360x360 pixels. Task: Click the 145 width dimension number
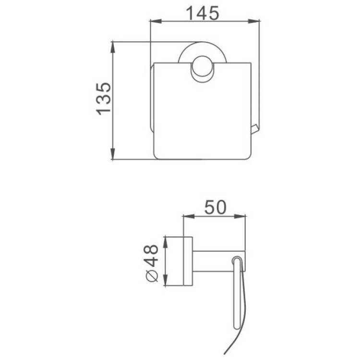click(x=203, y=13)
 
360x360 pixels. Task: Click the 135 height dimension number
click(x=104, y=99)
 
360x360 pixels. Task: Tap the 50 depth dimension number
click(x=215, y=207)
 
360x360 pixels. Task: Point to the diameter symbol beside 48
click(x=152, y=276)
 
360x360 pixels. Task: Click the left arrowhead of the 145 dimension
click(x=156, y=21)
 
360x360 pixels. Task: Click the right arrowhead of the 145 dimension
click(x=254, y=21)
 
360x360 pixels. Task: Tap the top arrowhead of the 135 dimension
click(x=112, y=48)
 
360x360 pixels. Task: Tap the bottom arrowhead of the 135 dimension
click(x=112, y=154)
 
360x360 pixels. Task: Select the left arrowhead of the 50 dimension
click(x=189, y=216)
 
